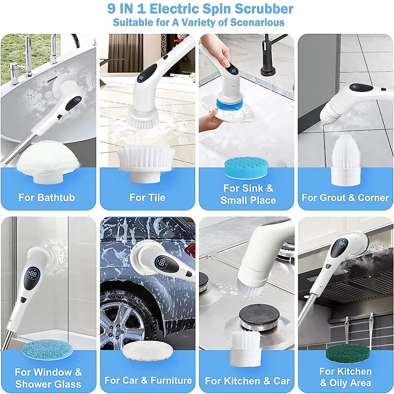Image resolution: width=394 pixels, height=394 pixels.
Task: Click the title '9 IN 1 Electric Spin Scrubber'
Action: point(200,9)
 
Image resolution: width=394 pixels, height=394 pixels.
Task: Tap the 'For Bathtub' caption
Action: point(47,197)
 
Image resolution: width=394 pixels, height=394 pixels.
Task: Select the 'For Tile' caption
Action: point(147,197)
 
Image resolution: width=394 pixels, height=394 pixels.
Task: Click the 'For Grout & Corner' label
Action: point(345,197)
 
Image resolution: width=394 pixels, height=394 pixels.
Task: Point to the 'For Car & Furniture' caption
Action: point(148,381)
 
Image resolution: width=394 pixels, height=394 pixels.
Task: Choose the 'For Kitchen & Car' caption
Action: point(247,381)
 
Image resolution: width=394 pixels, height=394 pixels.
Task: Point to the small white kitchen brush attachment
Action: point(246,348)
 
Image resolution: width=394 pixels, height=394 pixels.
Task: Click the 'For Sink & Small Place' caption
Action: point(248,194)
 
